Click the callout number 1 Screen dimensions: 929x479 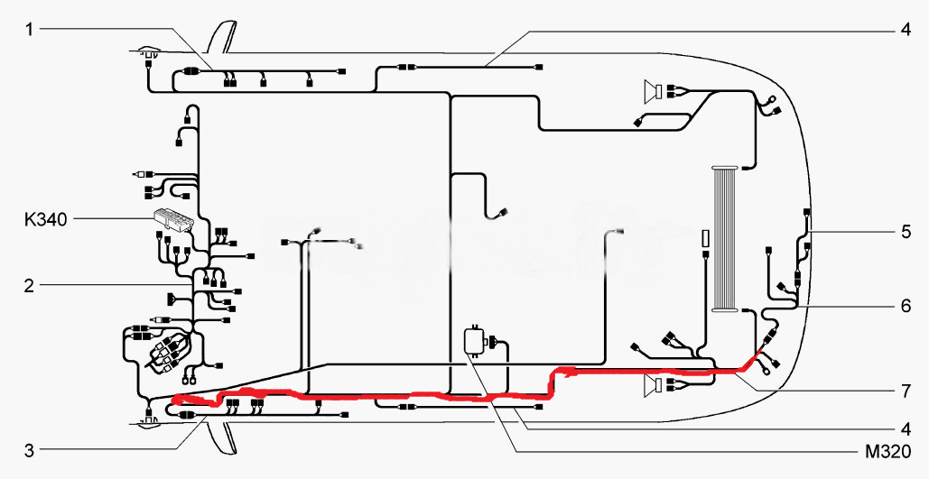coord(29,29)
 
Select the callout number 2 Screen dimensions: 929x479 coord(29,286)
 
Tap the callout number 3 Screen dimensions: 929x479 coord(29,450)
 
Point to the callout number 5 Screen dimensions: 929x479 coord(906,232)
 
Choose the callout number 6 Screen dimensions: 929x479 coord(906,307)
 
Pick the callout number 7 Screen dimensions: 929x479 coord(906,392)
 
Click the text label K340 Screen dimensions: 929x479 coord(46,220)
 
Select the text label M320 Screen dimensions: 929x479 coord(887,452)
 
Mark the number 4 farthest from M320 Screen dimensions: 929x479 coord(906,29)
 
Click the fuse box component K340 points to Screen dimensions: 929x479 coord(173,220)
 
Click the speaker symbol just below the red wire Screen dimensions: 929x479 coord(654,386)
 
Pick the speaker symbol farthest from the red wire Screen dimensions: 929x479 coord(654,91)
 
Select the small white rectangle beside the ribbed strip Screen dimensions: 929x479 coord(706,239)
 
